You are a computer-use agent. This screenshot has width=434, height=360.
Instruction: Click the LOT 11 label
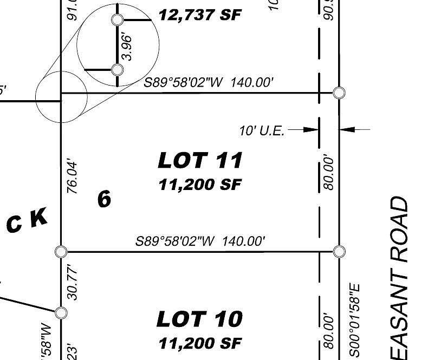click(x=200, y=160)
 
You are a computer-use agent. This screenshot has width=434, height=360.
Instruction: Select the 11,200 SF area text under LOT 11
click(x=200, y=185)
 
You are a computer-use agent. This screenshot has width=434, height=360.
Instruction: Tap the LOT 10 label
click(x=199, y=319)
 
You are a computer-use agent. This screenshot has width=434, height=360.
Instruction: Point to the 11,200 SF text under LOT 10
click(x=200, y=343)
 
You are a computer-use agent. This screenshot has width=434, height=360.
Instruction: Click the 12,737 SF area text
click(x=199, y=15)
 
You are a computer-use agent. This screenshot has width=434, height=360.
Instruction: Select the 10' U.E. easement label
click(x=262, y=130)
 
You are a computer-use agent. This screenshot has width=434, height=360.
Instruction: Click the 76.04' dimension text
click(x=73, y=176)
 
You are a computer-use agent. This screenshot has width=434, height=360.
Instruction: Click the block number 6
click(x=104, y=199)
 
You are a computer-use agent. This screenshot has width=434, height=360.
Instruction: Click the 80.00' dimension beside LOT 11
click(x=328, y=173)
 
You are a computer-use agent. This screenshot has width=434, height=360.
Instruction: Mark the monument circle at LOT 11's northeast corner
click(x=339, y=93)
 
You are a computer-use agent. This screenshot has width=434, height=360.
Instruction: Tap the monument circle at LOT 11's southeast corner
click(x=339, y=251)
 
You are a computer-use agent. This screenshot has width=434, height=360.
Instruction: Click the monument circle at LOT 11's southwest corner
click(x=61, y=251)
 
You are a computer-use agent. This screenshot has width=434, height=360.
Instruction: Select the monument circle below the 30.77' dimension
click(x=61, y=312)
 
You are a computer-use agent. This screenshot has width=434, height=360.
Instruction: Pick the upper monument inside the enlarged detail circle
click(x=117, y=20)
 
